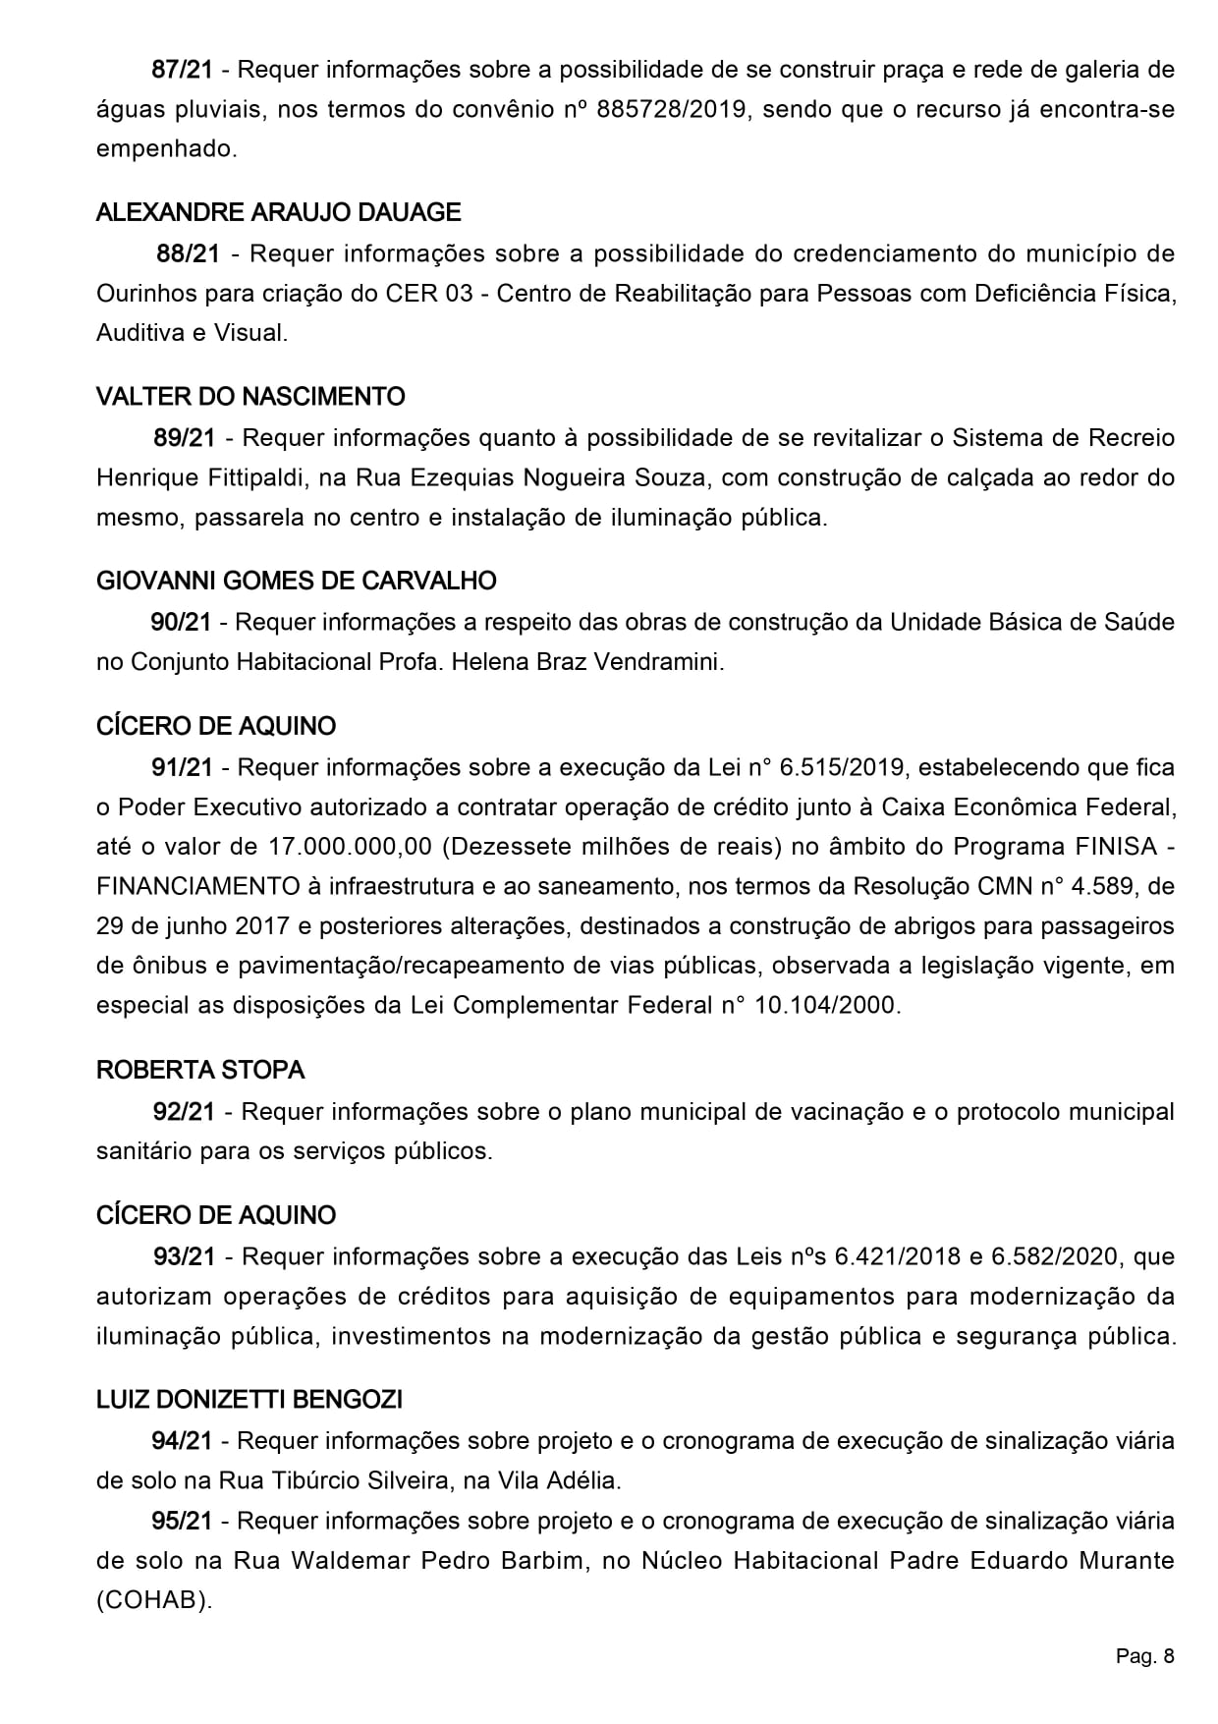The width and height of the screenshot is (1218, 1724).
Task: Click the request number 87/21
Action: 182,71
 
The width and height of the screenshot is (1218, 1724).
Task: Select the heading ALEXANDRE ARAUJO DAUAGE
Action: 278,212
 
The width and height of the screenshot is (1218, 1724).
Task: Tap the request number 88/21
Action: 188,254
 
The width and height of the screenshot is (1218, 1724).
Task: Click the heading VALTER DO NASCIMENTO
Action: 250,397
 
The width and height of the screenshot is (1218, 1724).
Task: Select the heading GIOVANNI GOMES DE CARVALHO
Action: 296,581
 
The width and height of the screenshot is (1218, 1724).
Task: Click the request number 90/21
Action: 181,622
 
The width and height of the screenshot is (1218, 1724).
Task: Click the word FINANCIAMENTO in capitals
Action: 197,887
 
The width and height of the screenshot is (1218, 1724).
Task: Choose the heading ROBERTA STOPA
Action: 200,1070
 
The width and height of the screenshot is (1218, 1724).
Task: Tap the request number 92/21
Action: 184,1112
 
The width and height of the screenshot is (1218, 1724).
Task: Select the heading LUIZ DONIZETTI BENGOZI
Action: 249,1399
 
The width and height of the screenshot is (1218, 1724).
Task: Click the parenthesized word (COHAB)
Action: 154,1600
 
